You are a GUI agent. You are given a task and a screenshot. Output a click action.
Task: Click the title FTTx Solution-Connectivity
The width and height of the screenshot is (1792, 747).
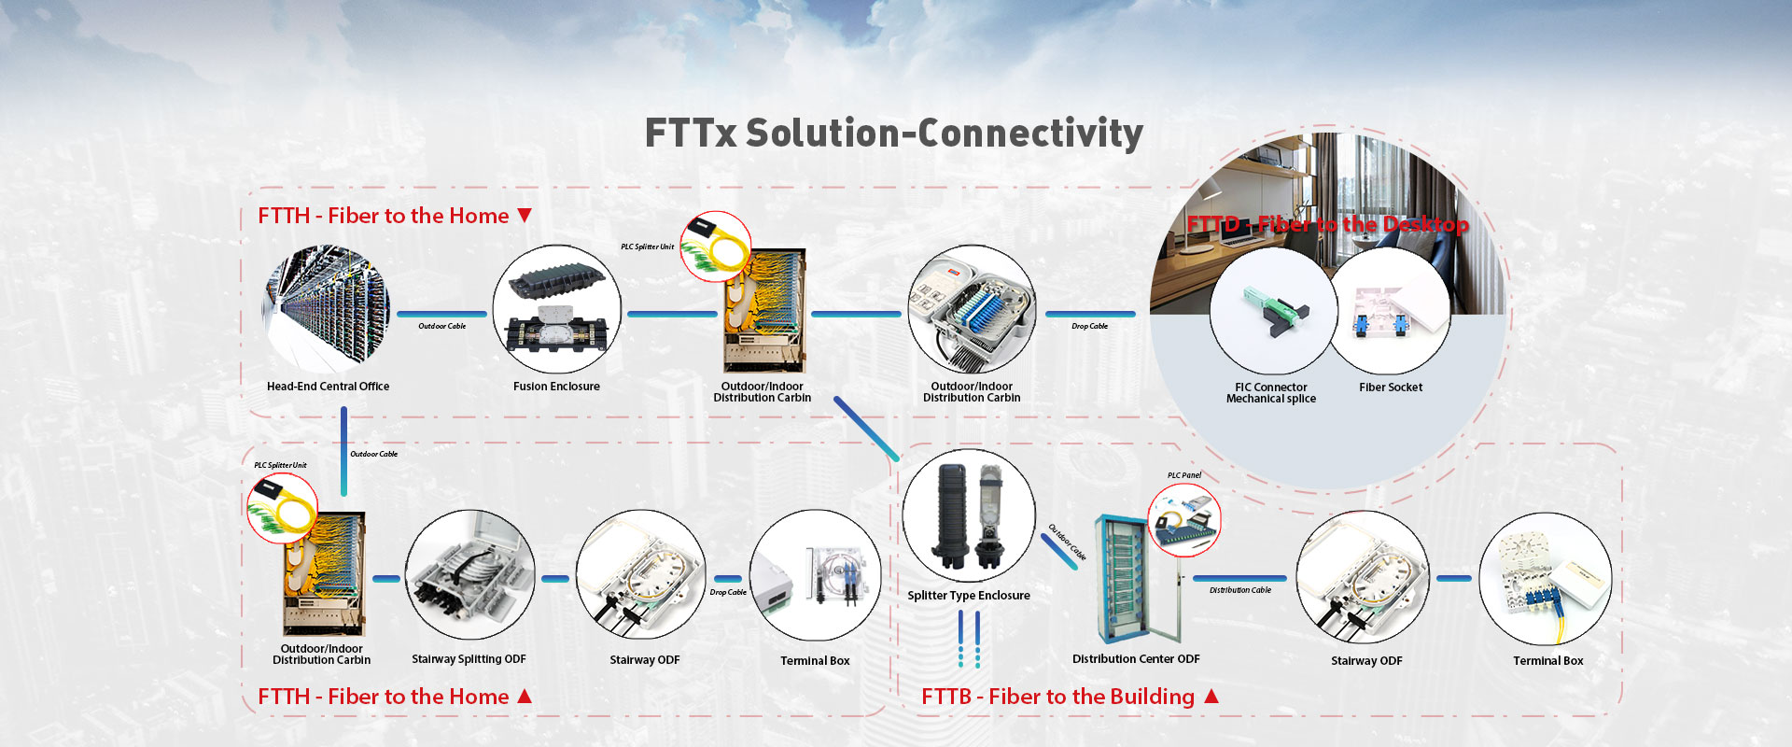click(x=893, y=134)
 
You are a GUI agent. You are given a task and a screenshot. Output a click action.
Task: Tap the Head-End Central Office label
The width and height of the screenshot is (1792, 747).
click(x=328, y=387)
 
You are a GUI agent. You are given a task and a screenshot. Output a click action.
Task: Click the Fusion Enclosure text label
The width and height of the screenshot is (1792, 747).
click(x=556, y=387)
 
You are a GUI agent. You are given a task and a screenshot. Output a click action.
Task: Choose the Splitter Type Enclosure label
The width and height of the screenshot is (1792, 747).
click(x=969, y=596)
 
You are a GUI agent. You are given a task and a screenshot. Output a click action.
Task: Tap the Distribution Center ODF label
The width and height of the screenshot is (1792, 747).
click(x=1136, y=659)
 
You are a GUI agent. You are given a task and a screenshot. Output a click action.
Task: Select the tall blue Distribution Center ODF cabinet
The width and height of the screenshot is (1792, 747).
click(x=1126, y=578)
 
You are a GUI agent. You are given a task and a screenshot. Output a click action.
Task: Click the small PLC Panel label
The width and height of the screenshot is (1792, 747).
click(x=1184, y=475)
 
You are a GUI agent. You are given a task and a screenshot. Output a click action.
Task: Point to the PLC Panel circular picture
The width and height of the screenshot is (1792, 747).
click(x=1184, y=520)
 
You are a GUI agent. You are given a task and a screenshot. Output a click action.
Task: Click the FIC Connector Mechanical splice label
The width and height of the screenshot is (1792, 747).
click(x=1271, y=393)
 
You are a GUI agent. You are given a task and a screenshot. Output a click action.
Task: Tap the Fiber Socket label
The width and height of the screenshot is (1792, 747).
click(x=1391, y=388)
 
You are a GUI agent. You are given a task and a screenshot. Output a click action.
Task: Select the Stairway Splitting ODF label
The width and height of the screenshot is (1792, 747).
click(x=469, y=659)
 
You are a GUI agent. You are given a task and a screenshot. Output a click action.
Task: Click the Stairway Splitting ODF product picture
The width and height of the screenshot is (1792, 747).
click(x=469, y=575)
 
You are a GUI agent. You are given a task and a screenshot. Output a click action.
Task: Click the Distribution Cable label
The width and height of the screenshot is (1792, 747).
click(x=1240, y=590)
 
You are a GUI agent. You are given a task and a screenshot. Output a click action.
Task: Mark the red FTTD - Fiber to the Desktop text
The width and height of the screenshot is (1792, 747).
click(x=1328, y=224)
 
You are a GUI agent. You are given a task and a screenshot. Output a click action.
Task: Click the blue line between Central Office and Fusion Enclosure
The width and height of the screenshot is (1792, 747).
click(x=442, y=314)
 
